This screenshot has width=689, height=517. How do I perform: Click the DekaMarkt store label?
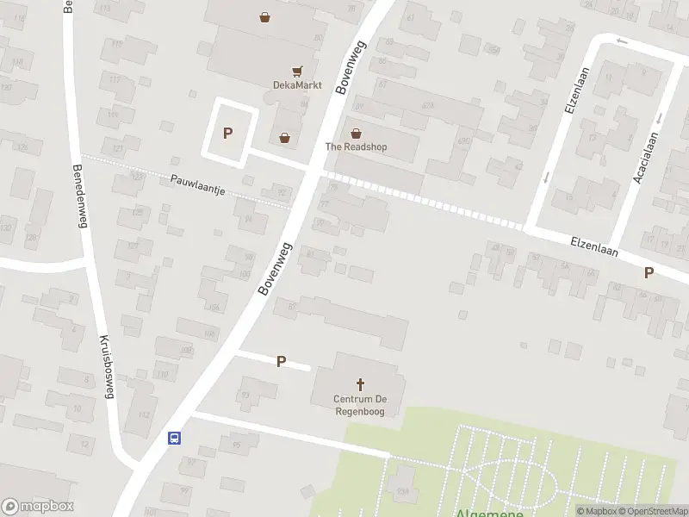click(x=297, y=85)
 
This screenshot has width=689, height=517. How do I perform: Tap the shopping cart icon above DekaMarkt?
click(x=297, y=72)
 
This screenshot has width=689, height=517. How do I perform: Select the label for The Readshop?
click(x=356, y=146)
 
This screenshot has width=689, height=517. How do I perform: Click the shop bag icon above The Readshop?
click(x=356, y=134)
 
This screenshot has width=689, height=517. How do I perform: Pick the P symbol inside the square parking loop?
click(x=228, y=133)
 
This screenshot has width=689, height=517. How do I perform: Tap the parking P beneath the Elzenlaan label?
click(x=649, y=272)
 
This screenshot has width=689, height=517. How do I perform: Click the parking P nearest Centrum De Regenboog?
click(x=281, y=361)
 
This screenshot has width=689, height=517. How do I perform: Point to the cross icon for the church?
click(x=360, y=384)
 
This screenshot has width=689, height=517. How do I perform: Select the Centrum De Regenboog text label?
click(x=360, y=405)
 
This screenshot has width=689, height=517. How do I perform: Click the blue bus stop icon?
click(x=174, y=438)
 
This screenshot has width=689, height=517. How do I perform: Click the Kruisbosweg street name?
click(x=107, y=366)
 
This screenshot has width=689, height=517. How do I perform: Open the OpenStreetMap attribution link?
click(x=650, y=511)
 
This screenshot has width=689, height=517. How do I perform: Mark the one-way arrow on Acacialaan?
click(x=659, y=118)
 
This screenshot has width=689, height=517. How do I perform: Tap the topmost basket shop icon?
click(x=265, y=16)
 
